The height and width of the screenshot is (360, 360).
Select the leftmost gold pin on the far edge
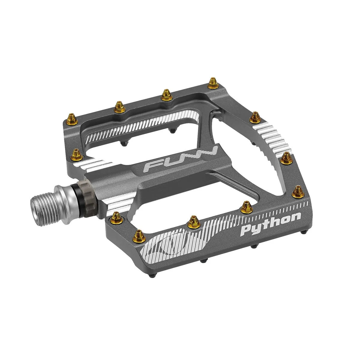(72, 118)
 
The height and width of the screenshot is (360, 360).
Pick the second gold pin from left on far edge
(119, 106)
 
